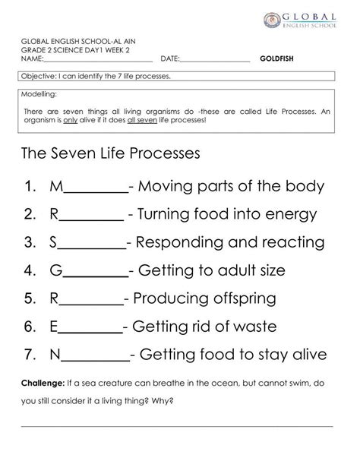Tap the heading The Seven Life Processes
[x=112, y=153]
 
